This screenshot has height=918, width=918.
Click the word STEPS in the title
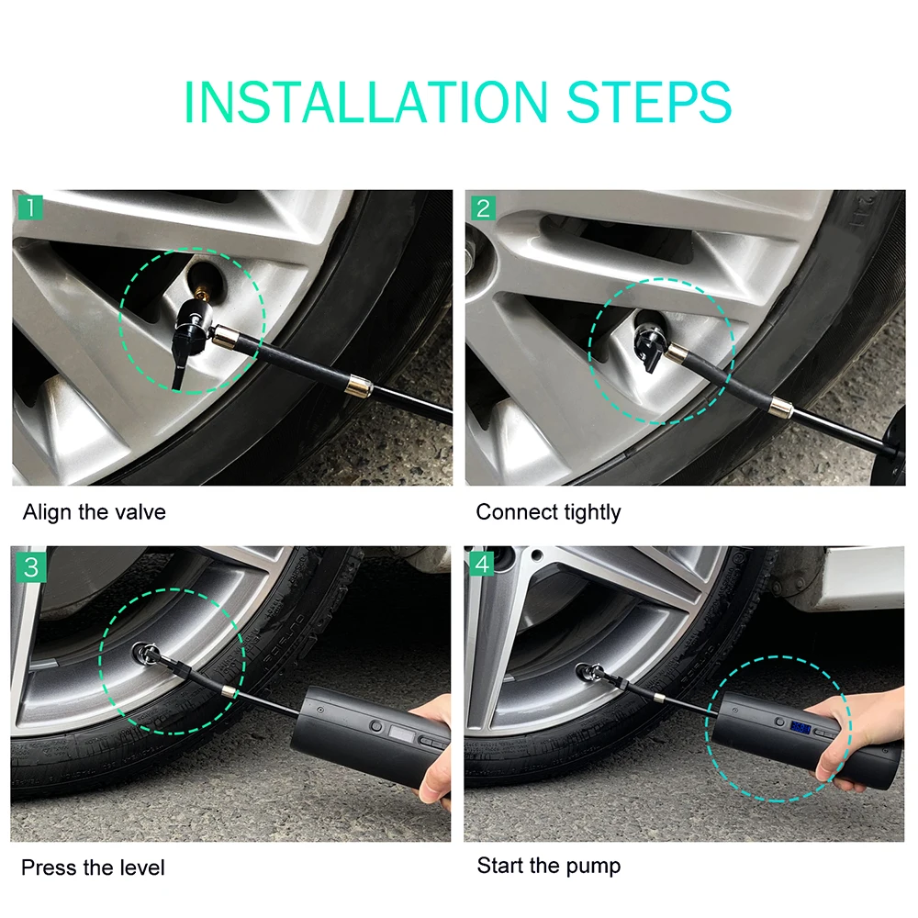click(649, 103)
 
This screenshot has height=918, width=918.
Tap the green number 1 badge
click(30, 207)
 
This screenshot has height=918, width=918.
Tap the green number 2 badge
click(483, 208)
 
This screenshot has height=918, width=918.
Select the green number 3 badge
click(31, 567)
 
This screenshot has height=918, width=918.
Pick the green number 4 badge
click(482, 564)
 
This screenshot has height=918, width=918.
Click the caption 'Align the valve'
click(95, 512)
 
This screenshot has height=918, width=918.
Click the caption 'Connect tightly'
click(549, 512)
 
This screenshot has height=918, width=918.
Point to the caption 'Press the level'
click(93, 868)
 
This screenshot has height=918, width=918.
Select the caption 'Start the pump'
click(549, 866)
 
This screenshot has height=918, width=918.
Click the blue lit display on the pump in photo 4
click(800, 728)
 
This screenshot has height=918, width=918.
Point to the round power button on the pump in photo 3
click(375, 727)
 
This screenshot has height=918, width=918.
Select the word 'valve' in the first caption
click(140, 512)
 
